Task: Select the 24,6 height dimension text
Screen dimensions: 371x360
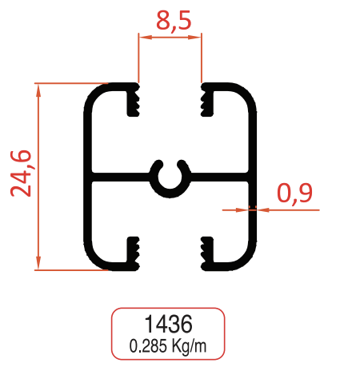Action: click(22, 171)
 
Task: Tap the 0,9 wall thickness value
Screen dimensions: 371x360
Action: click(294, 192)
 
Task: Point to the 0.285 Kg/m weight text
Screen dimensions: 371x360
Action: click(167, 345)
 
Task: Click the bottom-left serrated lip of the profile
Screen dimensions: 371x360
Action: click(133, 251)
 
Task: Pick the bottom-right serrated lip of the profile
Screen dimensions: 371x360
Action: click(206, 251)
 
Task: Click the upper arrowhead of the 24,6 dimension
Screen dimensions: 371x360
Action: click(38, 88)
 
